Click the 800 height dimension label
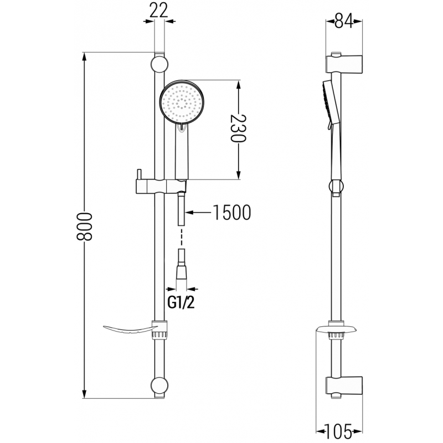tap(84, 226)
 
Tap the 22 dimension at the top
tap(159, 11)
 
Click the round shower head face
tap(182, 103)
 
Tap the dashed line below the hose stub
tap(182, 238)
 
